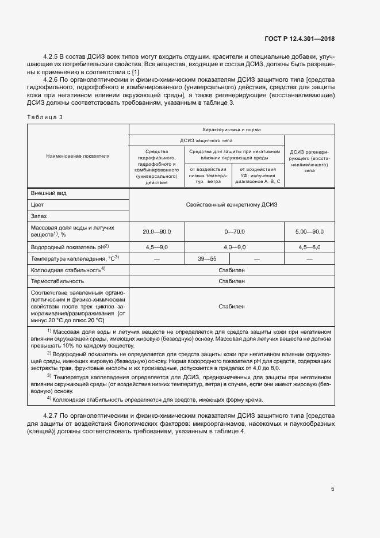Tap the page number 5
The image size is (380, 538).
(333, 489)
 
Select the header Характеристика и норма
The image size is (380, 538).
(232, 130)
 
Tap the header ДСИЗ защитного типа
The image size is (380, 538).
(207, 140)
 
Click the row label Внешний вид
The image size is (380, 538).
(48, 193)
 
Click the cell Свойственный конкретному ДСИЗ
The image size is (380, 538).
(232, 205)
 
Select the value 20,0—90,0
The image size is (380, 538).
(156, 231)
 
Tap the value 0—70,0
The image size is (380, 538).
(235, 231)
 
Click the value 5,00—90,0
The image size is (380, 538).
(309, 231)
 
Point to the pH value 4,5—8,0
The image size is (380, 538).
(309, 247)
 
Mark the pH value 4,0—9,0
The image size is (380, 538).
(235, 247)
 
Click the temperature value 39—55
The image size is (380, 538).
(206, 259)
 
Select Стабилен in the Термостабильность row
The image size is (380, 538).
(232, 281)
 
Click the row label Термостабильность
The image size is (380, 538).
(57, 281)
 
